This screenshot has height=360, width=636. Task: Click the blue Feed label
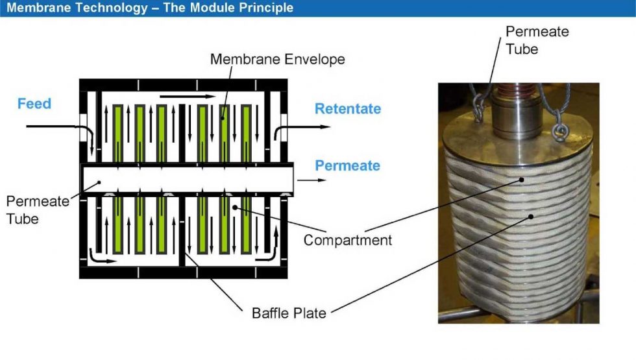point(34,104)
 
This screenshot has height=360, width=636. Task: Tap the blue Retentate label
point(347,109)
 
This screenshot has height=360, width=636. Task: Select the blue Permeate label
point(347,165)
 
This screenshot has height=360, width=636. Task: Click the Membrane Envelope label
point(277,60)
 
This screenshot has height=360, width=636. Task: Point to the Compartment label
point(348,240)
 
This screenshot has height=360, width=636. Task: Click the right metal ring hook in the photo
point(558,132)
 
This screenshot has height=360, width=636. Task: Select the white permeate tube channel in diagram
point(188,179)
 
